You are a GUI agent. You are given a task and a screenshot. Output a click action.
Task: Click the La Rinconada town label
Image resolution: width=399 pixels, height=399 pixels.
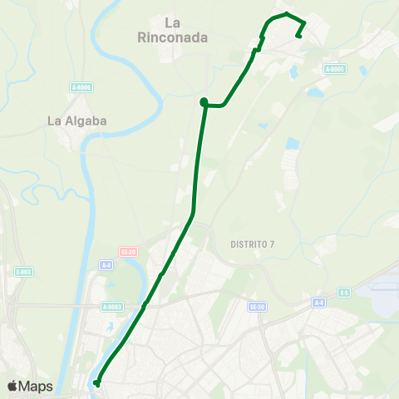click(173, 30)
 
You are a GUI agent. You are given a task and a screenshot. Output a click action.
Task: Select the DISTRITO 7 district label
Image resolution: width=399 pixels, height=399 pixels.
click(251, 244)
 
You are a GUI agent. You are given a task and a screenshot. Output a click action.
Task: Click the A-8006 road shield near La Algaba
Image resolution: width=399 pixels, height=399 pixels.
click(81, 86)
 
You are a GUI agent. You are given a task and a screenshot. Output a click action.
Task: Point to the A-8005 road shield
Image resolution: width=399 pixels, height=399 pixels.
click(334, 69)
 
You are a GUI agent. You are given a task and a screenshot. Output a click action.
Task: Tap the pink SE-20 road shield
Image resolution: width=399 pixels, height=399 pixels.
click(127, 250)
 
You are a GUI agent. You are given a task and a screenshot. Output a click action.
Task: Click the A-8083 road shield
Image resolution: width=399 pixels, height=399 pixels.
click(112, 307)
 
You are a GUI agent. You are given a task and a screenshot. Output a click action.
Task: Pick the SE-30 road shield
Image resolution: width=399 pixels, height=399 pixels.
click(257, 307)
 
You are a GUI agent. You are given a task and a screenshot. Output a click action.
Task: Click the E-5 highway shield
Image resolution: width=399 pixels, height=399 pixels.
click(344, 292)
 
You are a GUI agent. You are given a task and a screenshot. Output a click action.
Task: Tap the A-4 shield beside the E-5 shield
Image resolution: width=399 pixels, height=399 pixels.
click(318, 302)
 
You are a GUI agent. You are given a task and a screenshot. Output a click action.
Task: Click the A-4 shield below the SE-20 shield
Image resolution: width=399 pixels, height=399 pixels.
click(106, 264)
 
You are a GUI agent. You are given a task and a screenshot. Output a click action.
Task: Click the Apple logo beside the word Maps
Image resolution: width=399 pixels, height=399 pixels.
click(12, 386)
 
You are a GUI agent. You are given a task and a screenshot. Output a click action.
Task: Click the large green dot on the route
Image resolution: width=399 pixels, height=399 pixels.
click(204, 102)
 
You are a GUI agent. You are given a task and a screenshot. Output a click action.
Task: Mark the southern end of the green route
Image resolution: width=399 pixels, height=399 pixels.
click(96, 383)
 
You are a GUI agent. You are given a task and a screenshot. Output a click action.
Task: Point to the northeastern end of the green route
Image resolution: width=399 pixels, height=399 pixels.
click(298, 36)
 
